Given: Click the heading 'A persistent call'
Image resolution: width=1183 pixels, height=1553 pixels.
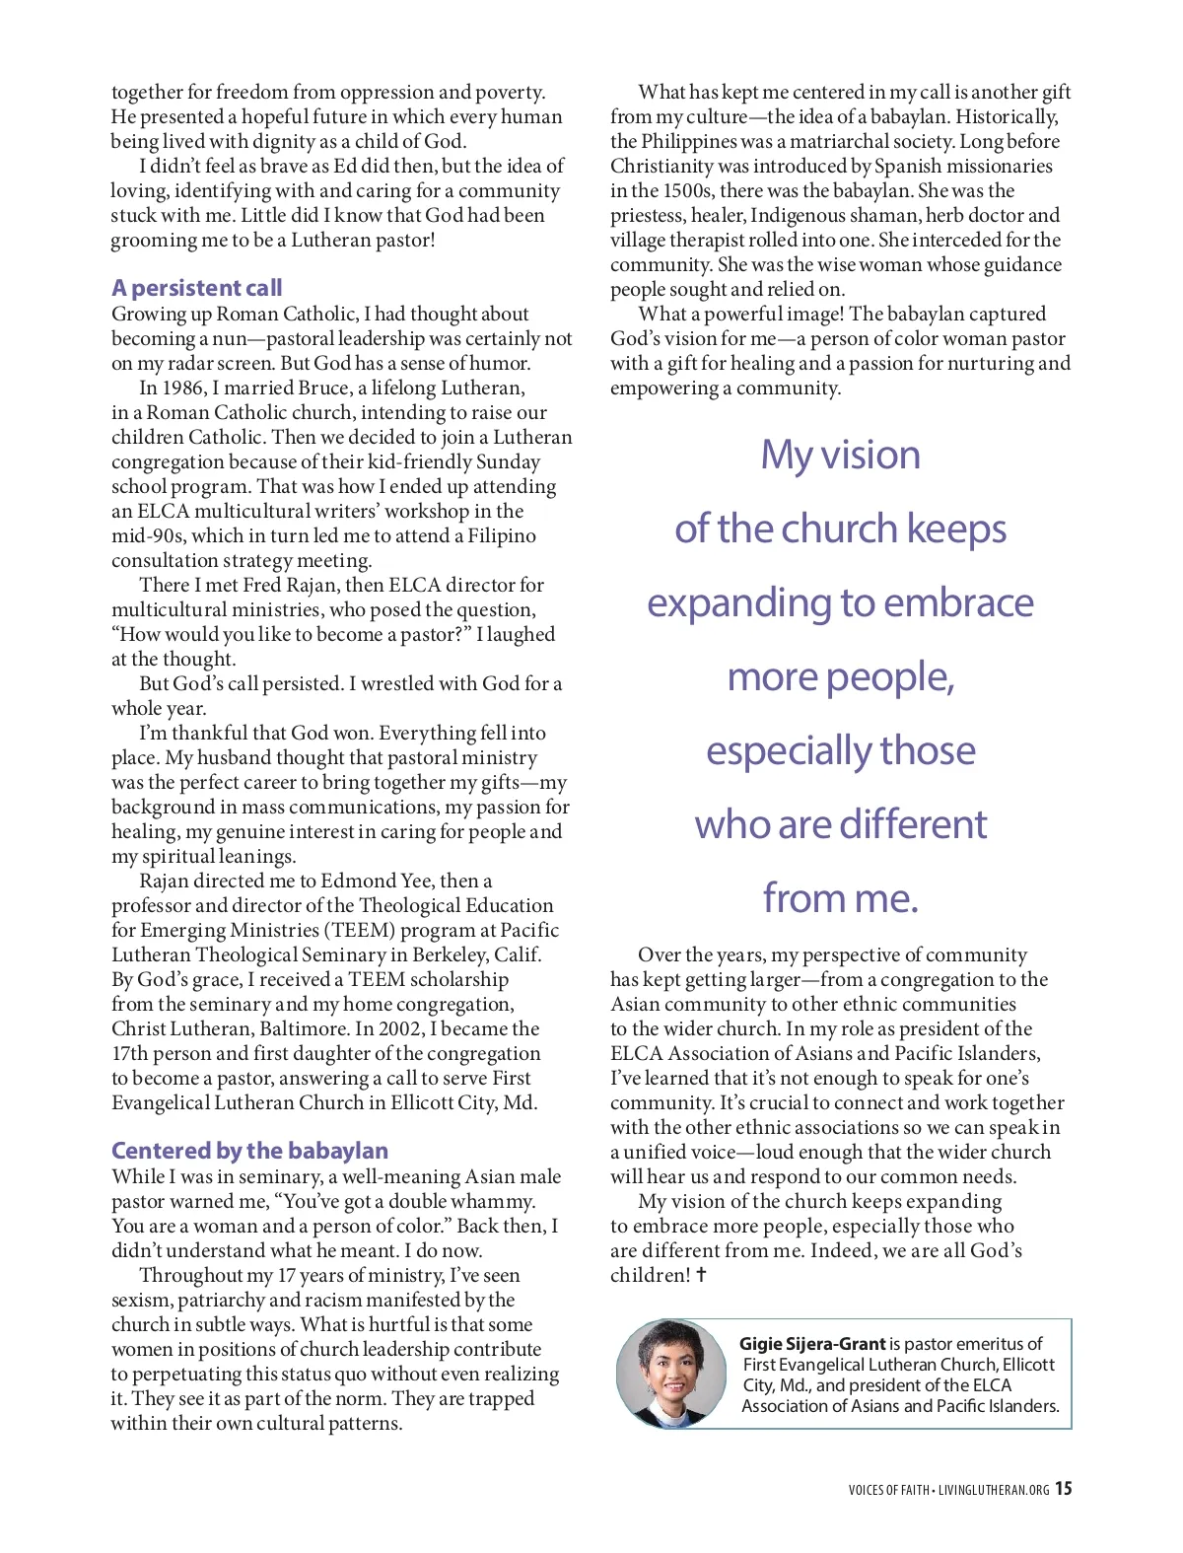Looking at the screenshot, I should [196, 288].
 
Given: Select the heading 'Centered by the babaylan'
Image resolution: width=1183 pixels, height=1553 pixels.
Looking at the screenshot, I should [249, 1151].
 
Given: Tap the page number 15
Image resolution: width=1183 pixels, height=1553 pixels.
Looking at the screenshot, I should [1063, 1489].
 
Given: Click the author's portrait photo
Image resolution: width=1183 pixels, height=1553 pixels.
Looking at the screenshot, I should [670, 1374].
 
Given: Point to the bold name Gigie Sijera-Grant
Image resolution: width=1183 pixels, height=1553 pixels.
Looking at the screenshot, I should [812, 1344].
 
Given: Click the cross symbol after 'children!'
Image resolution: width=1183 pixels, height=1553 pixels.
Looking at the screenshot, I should [701, 1275].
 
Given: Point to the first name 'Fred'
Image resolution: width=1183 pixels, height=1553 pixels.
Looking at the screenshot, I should [262, 585].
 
